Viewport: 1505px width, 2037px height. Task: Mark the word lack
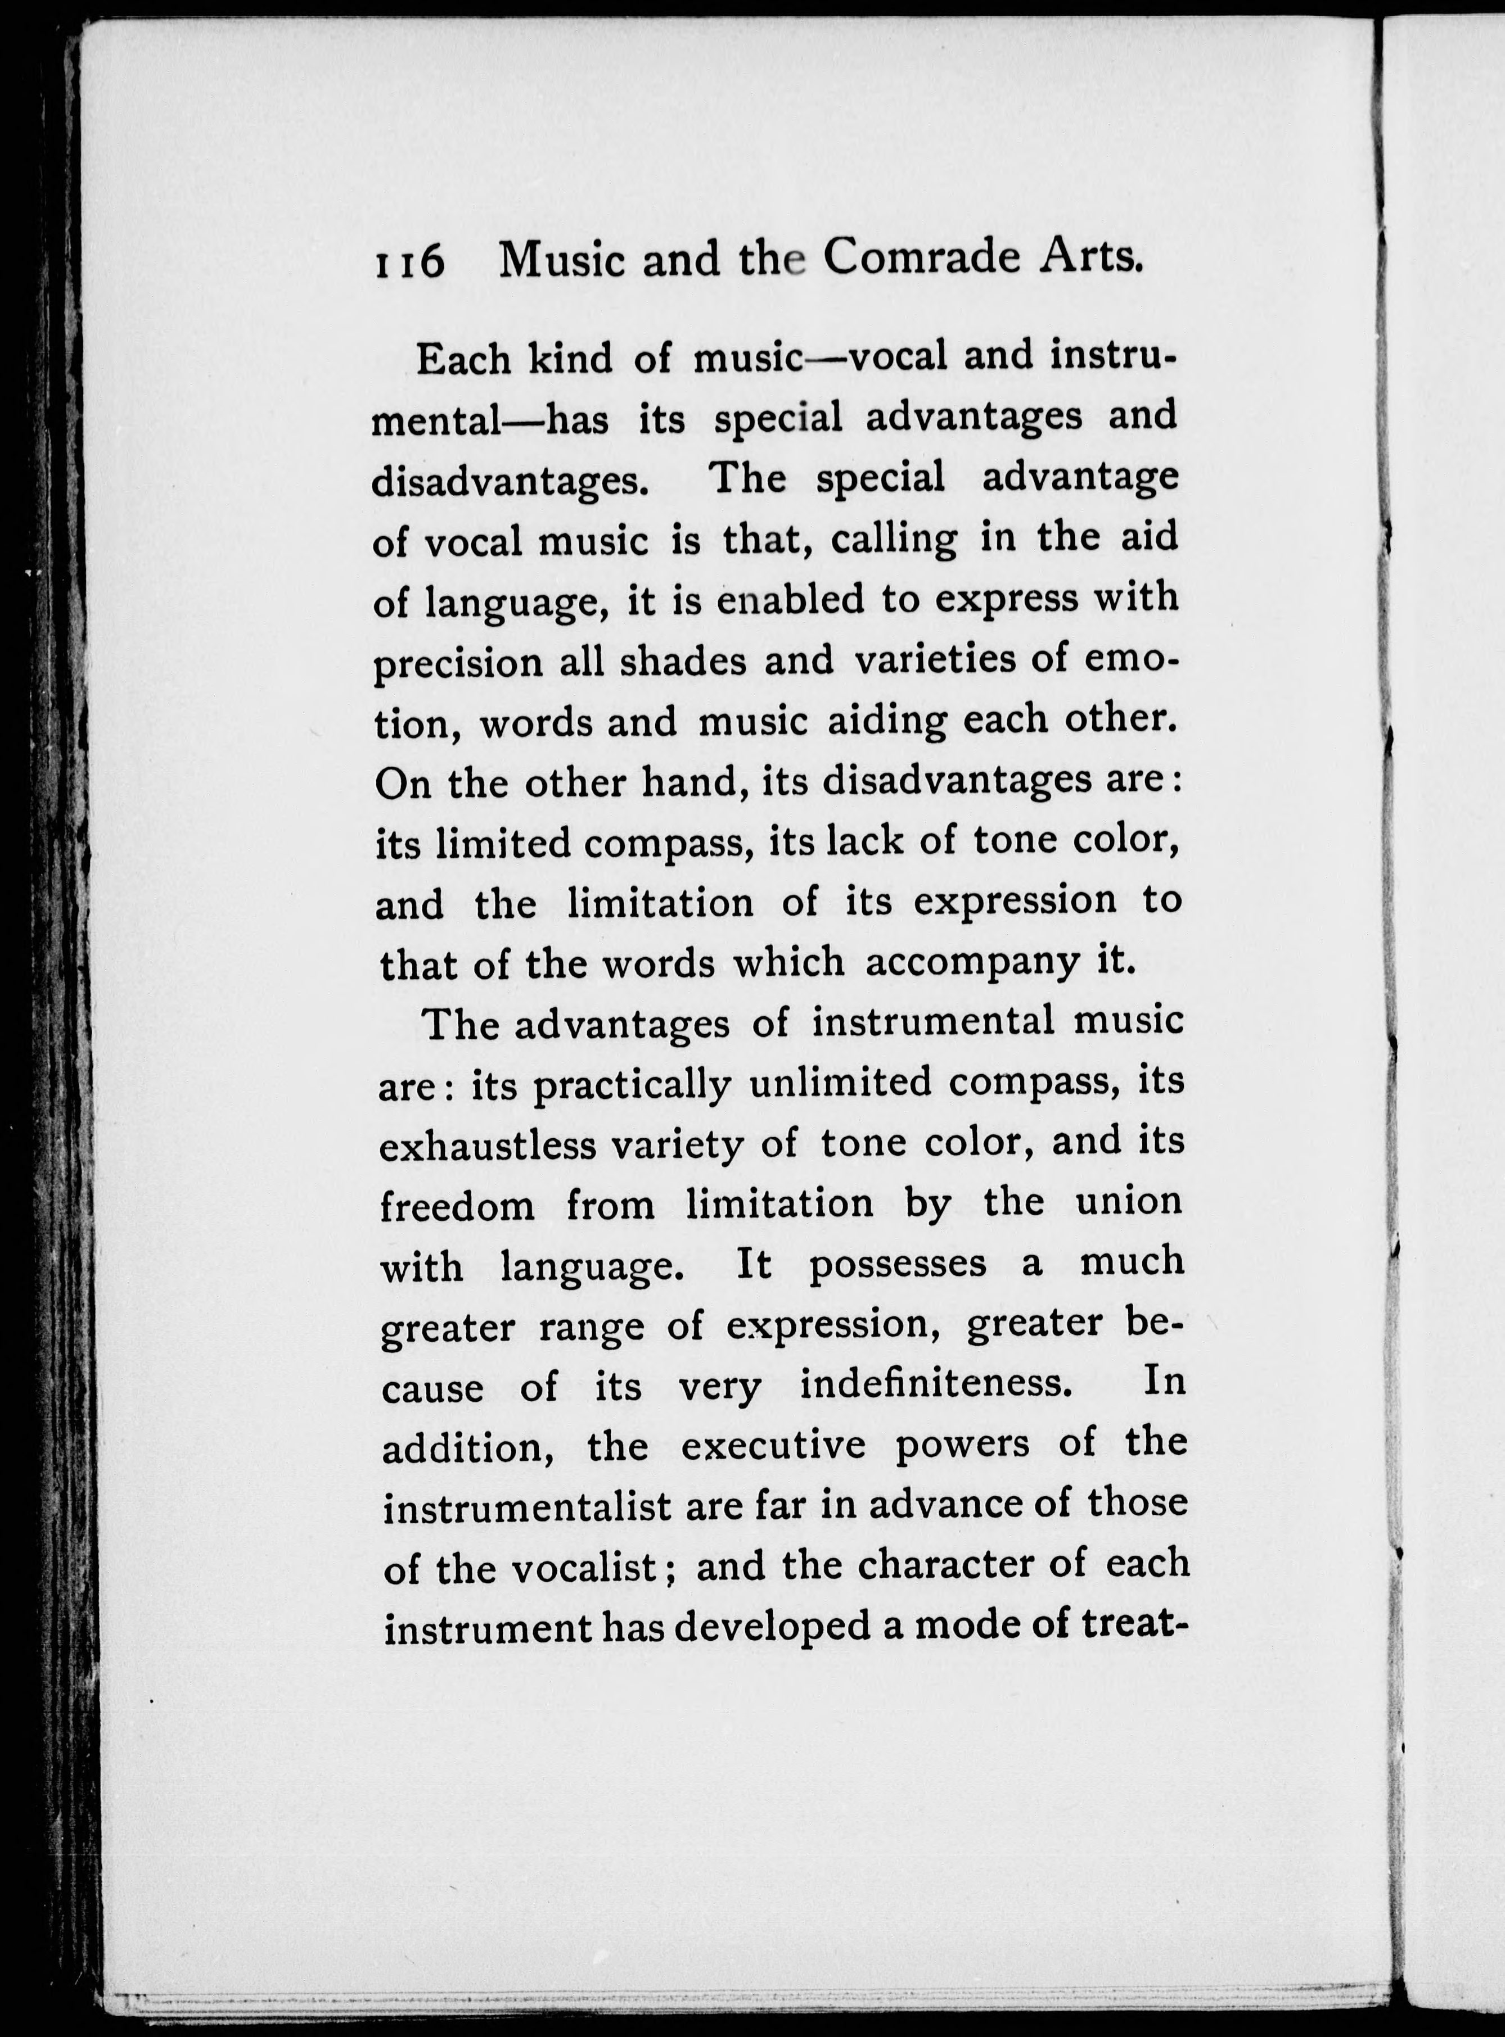(x=864, y=841)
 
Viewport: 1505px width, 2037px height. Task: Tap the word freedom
(x=457, y=1206)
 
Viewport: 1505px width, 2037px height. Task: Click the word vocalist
(x=583, y=1566)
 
